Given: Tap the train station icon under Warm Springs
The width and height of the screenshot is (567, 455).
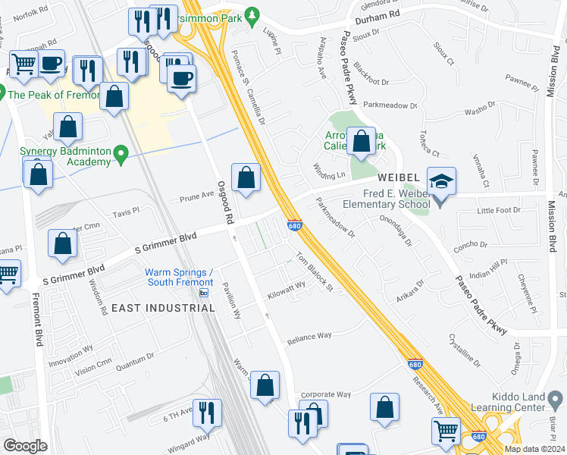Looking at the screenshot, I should coord(203,293).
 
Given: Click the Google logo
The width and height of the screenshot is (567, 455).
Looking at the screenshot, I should coord(25,445).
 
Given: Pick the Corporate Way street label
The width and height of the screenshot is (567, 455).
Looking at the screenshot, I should coord(326,394).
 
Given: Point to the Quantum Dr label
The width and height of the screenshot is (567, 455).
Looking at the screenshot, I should coord(133,356).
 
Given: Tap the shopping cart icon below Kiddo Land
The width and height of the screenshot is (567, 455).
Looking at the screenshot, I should coord(446,431).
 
